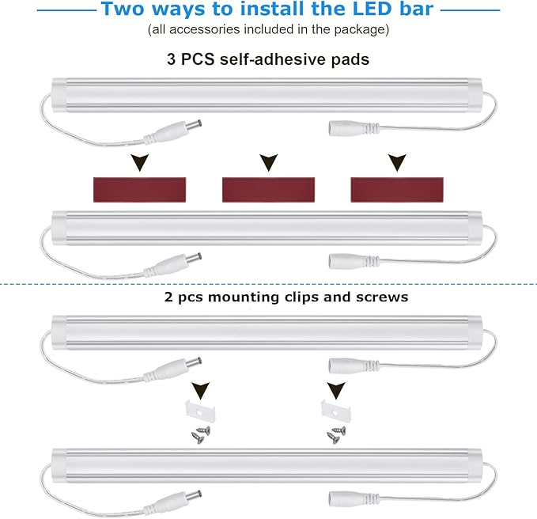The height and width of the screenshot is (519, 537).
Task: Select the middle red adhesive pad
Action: (269, 188)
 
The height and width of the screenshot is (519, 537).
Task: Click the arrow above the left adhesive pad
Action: (140, 163)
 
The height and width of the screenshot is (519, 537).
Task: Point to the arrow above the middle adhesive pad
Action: (269, 163)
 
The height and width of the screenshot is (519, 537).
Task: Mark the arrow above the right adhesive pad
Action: (396, 163)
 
